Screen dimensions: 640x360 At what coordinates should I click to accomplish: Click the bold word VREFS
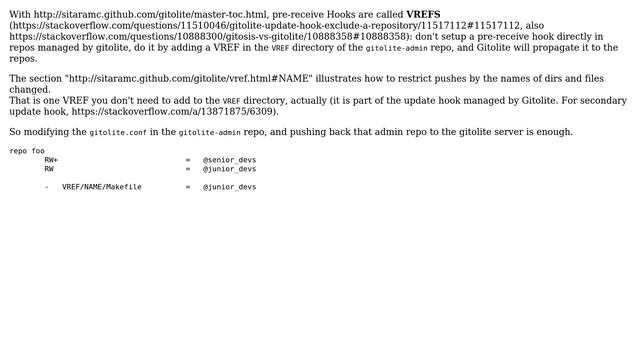tap(423, 15)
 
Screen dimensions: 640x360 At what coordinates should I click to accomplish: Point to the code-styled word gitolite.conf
tap(118, 132)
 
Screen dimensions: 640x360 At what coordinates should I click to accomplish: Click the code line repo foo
tap(27, 151)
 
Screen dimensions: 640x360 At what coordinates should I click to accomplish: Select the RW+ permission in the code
tap(51, 160)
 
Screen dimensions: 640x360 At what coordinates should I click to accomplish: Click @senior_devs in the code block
tap(229, 160)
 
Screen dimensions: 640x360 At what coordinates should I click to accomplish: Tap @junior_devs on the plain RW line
tap(229, 169)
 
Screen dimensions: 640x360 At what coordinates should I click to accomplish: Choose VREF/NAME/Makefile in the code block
tap(101, 187)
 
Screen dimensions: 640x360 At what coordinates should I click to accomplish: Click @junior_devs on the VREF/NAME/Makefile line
tap(229, 187)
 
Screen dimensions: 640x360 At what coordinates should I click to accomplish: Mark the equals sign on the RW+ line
tap(187, 160)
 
